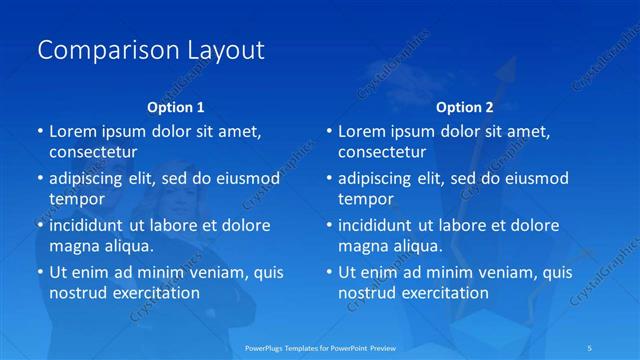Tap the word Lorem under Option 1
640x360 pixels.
[x=74, y=132]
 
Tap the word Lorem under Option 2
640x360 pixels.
[x=363, y=132]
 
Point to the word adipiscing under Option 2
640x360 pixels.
[x=379, y=179]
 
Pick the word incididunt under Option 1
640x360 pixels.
[x=92, y=225]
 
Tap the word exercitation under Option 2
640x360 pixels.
[x=442, y=293]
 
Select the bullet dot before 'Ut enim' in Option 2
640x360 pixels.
[x=329, y=272]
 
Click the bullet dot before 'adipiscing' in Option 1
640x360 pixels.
[x=40, y=179]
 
